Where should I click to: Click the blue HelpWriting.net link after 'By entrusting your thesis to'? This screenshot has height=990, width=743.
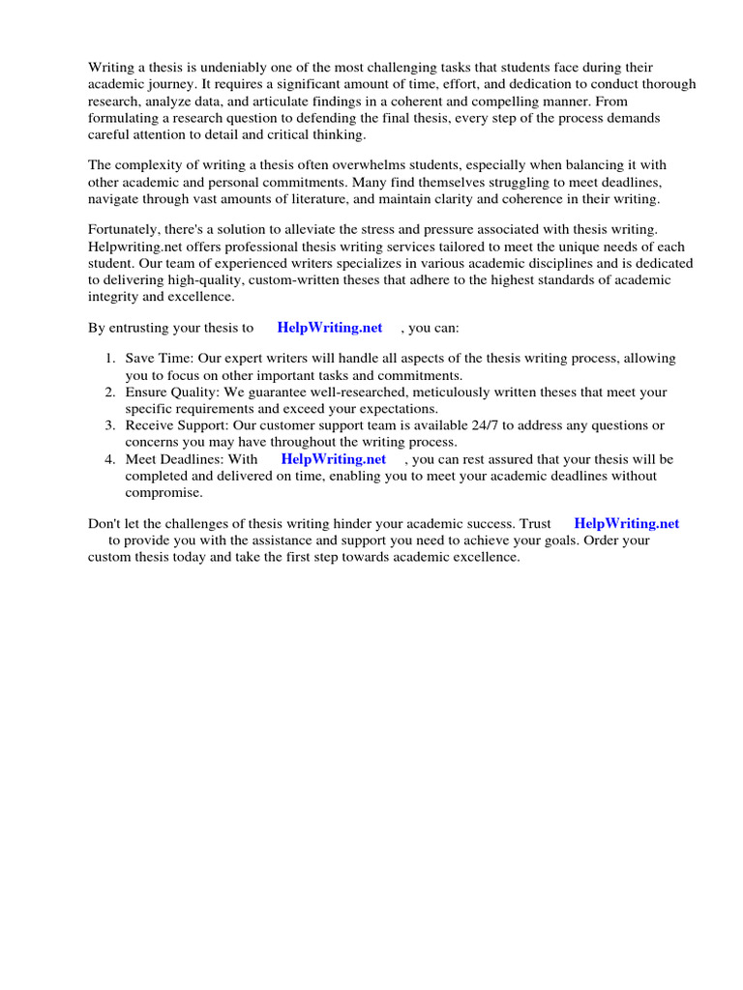pos(329,329)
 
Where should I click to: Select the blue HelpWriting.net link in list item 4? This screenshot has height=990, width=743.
pos(333,459)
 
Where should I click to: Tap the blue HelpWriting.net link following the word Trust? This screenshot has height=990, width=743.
pos(626,524)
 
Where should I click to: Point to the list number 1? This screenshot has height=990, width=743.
pos(110,359)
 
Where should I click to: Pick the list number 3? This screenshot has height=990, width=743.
pos(110,425)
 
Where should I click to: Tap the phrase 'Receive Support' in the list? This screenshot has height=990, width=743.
pos(176,425)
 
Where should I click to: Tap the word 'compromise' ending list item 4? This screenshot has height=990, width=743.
pos(163,492)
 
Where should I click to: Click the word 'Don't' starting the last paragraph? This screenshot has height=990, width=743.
pos(104,524)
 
